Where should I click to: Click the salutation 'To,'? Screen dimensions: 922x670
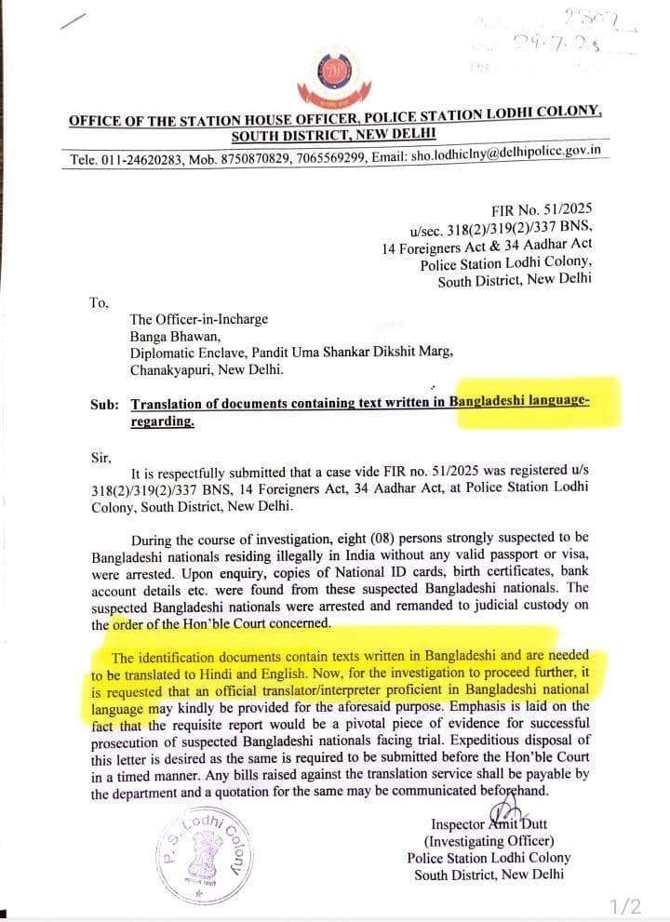click(x=99, y=302)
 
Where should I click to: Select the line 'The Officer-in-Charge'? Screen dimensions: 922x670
click(x=198, y=319)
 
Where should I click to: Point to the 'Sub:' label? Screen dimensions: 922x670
click(x=104, y=405)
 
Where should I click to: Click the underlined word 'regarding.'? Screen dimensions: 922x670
click(x=163, y=421)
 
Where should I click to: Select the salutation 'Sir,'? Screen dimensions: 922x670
click(x=101, y=457)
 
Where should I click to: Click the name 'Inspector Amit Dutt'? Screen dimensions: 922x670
click(x=489, y=824)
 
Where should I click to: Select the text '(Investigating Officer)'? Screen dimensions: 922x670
click(x=489, y=841)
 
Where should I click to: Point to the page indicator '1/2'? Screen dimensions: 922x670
click(x=625, y=905)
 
